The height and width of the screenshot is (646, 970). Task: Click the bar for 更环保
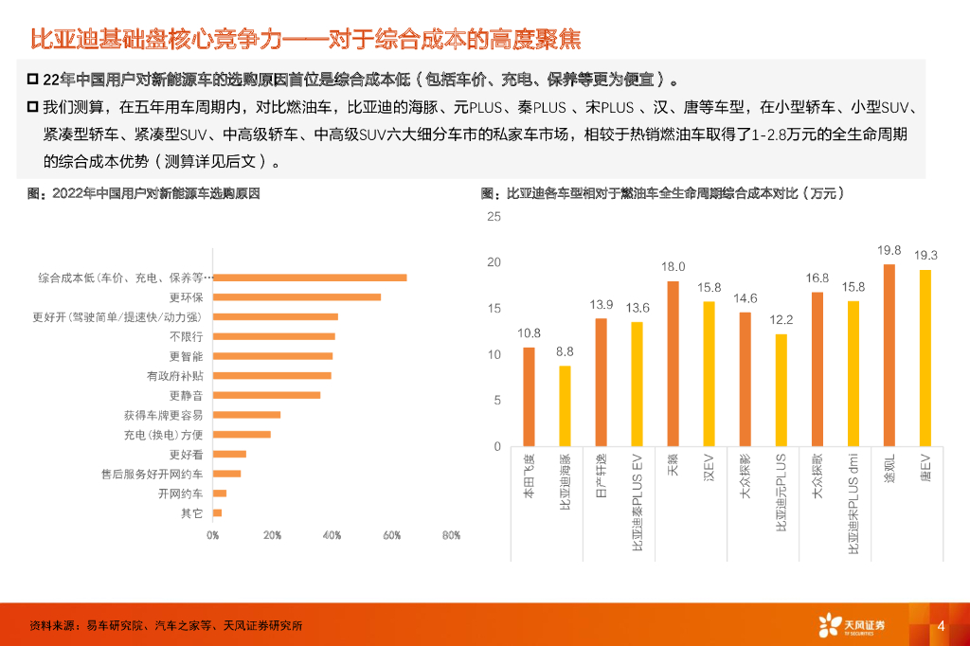296,297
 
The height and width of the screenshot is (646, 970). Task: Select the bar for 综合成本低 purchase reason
310,278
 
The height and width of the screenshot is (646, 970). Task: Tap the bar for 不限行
274,336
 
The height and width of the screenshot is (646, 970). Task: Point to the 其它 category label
191,513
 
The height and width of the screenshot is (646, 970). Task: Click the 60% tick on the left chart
391,535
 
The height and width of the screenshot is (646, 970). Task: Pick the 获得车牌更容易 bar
246,415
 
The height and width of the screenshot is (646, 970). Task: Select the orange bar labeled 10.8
529,396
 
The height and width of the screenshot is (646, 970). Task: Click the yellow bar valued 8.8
565,405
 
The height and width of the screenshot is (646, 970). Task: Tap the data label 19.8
889,251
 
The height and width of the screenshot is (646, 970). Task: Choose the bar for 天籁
673,363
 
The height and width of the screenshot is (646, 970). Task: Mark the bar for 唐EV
925,357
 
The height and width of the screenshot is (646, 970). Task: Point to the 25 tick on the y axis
494,217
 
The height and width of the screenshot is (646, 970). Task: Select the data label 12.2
781,320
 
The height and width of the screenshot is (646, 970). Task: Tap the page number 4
941,625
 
